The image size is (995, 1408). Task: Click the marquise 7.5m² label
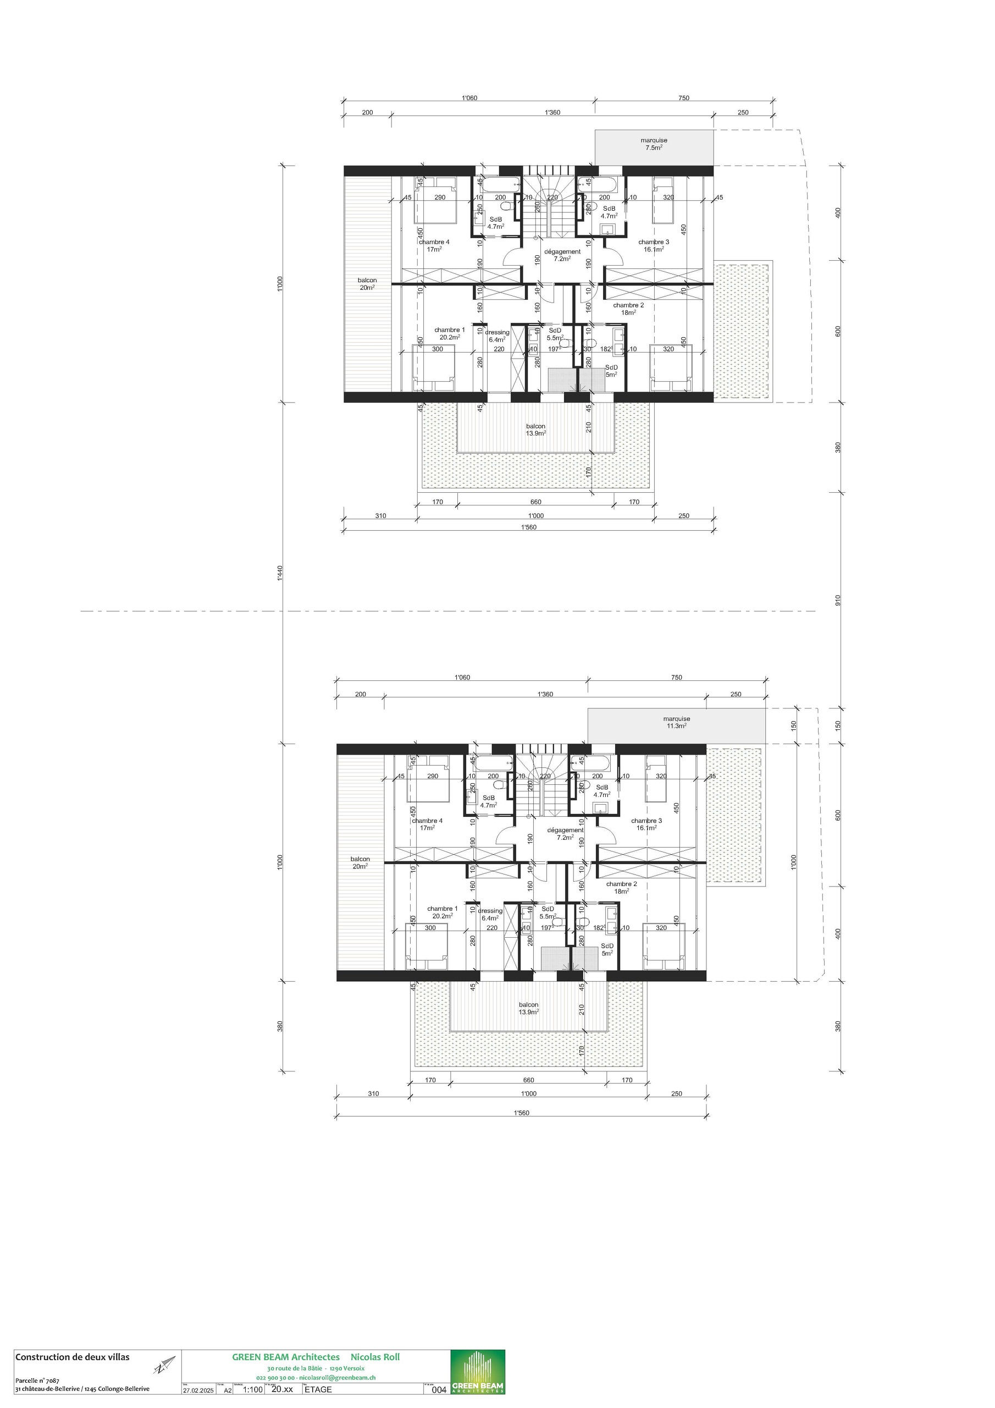654,144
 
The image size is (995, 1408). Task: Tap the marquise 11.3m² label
676,722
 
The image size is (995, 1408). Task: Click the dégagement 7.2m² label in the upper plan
562,255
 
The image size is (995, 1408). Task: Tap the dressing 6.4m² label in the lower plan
490,914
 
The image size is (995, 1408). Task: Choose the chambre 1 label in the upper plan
449,333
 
